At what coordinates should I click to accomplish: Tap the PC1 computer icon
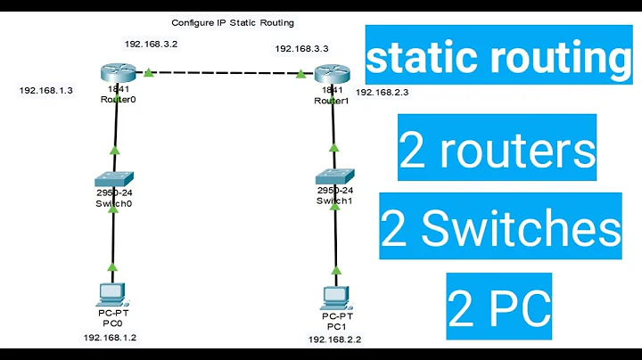pos(334,295)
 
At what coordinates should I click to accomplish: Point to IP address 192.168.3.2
pos(152,43)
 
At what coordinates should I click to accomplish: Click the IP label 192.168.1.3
pos(45,90)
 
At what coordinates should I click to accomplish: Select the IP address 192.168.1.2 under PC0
pos(111,339)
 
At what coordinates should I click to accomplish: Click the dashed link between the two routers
pos(223,75)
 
